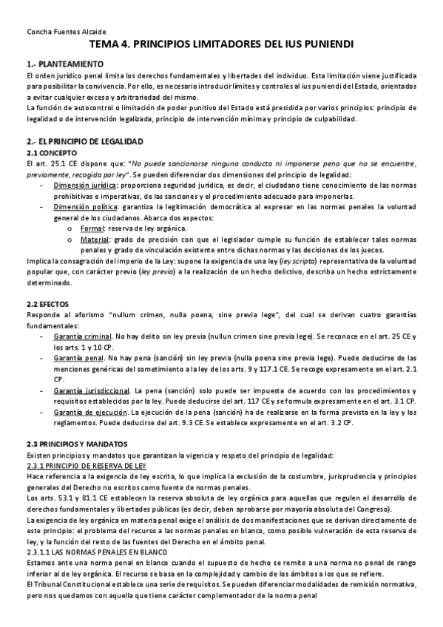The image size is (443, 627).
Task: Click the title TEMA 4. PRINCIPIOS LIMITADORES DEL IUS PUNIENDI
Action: tap(221, 45)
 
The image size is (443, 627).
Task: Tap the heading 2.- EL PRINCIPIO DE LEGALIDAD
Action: tap(84, 140)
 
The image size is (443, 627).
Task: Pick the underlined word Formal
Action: tap(93, 230)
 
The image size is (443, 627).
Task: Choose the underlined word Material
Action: tap(95, 240)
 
